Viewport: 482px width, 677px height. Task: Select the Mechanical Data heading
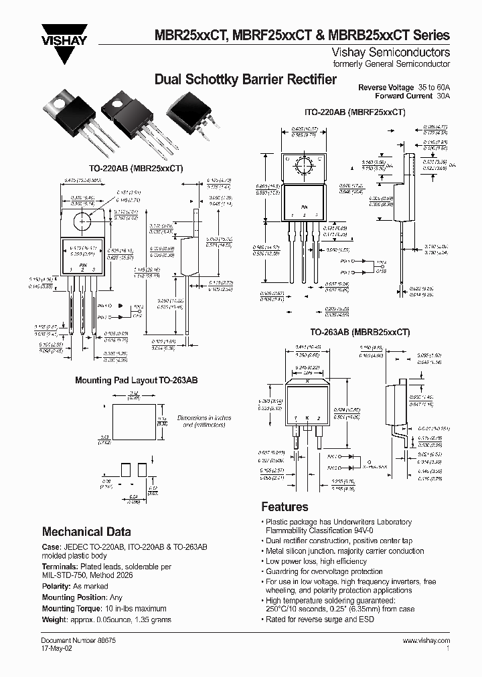86,532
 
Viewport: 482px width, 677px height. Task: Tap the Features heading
285,506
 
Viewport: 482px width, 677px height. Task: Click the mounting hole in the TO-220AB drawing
85,218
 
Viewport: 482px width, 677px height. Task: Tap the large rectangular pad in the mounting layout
134,422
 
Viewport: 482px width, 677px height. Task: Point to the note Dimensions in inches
204,417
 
